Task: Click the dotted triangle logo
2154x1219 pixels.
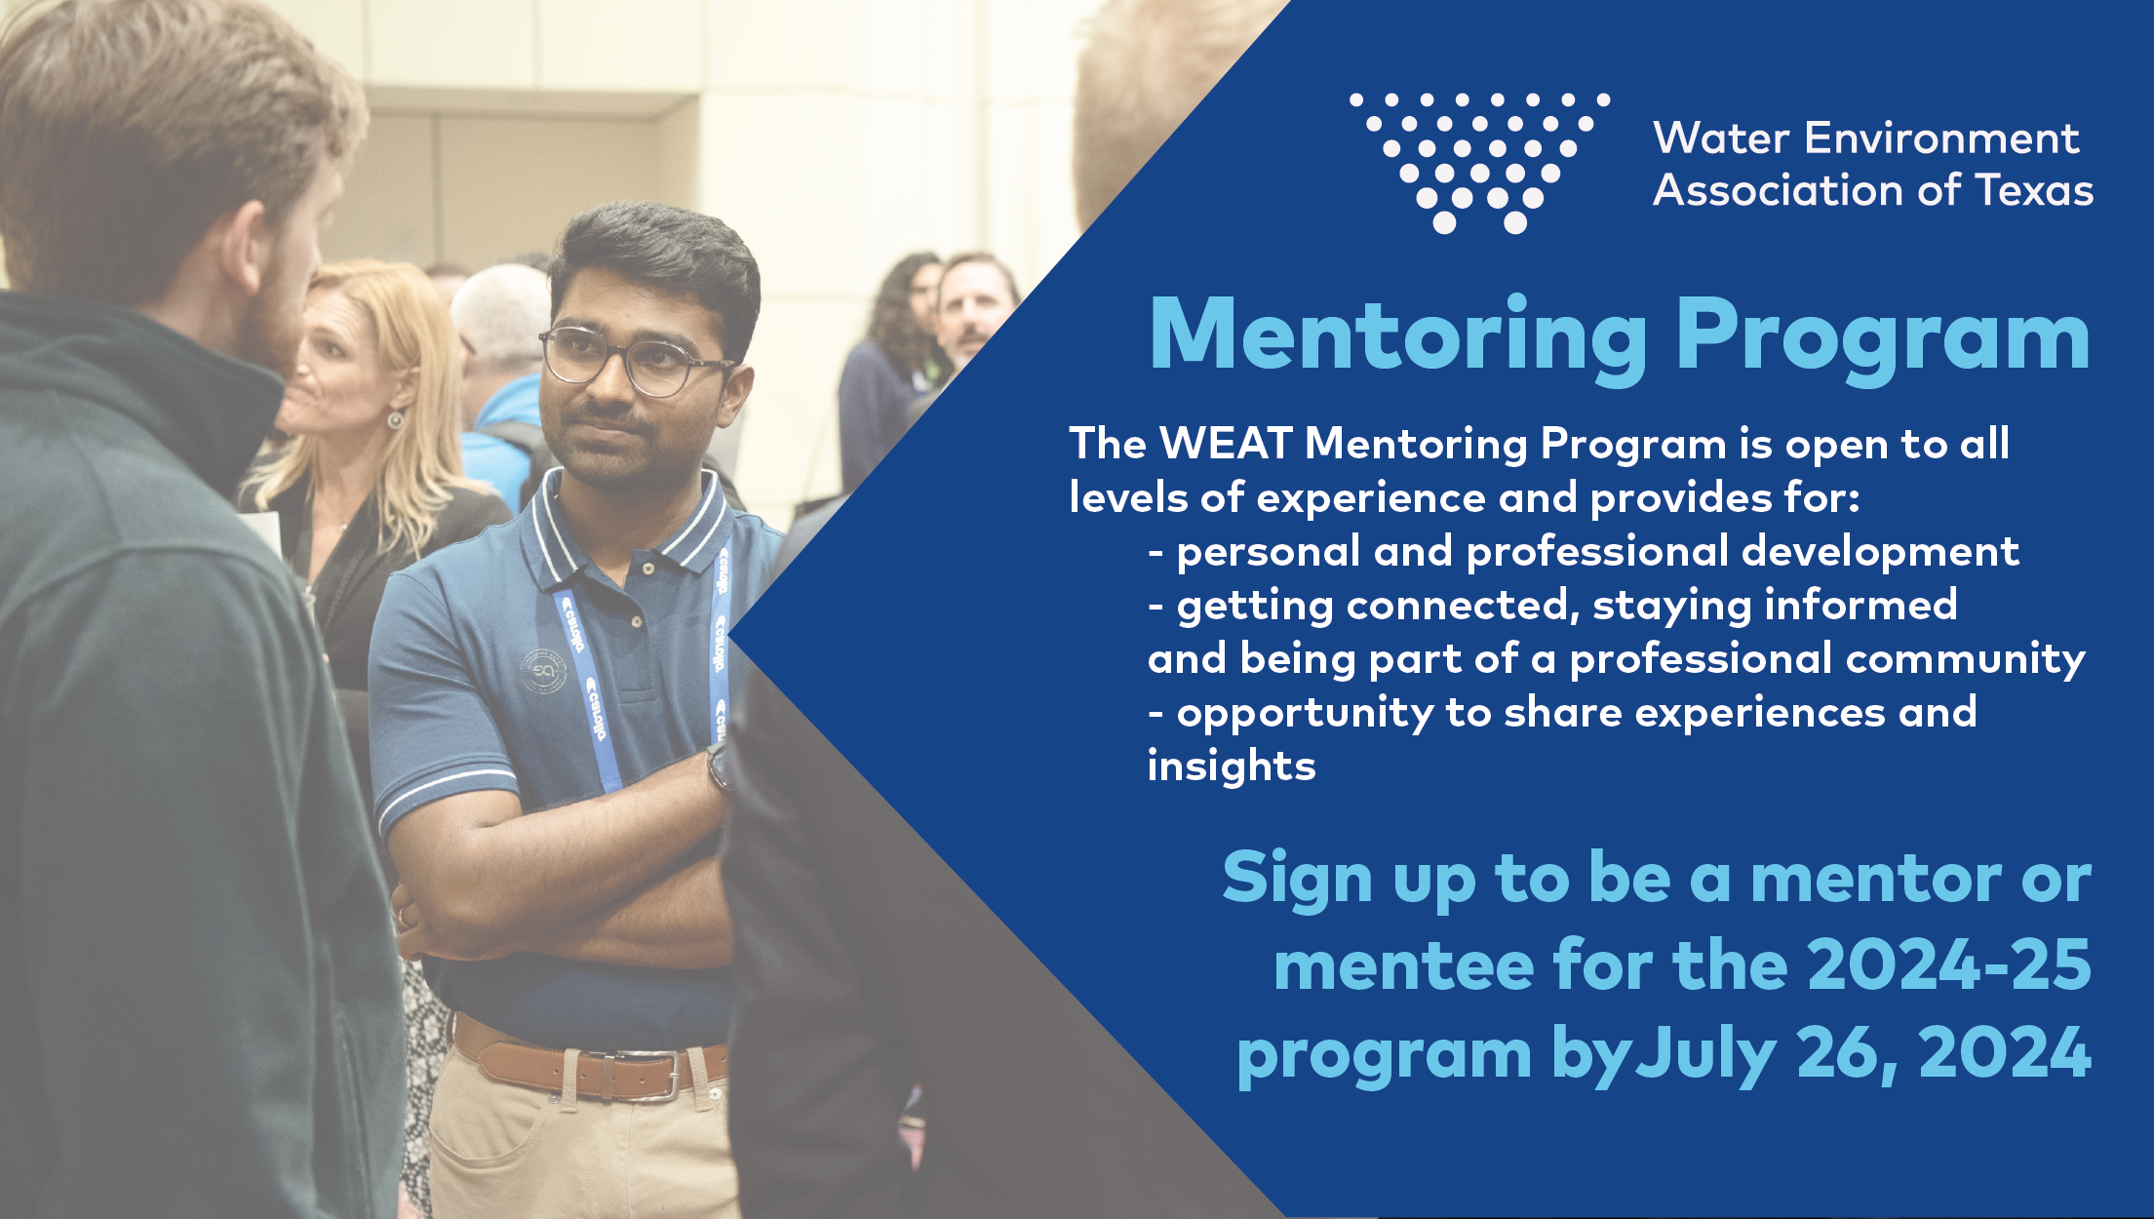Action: (x=1479, y=162)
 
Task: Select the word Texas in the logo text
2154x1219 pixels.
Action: (x=2034, y=190)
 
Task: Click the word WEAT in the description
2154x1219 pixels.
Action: (x=1226, y=444)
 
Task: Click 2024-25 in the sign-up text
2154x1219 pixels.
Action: (x=1949, y=965)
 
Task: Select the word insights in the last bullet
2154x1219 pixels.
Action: (x=1232, y=766)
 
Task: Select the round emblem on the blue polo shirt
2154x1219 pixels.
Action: (x=544, y=672)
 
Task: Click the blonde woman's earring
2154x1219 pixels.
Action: (x=395, y=419)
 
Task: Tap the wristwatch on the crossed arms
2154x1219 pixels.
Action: (x=718, y=768)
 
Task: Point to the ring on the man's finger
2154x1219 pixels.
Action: (x=402, y=917)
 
